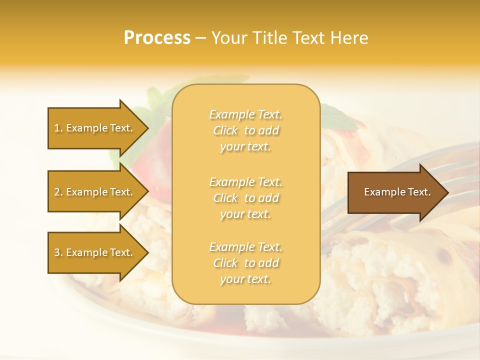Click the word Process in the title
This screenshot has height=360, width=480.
point(157,38)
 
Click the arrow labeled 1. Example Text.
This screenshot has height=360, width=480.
point(95,128)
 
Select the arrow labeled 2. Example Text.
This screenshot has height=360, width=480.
point(95,192)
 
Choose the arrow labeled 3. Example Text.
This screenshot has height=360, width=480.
point(95,252)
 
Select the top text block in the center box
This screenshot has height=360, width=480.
point(245,130)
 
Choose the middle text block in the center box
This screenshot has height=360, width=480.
point(245,198)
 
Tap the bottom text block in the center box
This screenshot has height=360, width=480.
point(245,263)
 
